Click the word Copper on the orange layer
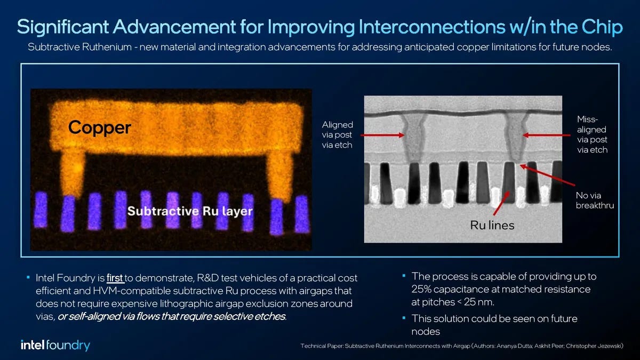[99, 127]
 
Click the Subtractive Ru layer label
[189, 211]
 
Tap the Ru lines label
[492, 225]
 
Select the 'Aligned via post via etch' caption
[337, 134]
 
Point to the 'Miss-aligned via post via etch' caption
[592, 134]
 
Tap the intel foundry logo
[55, 345]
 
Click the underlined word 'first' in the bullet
[115, 278]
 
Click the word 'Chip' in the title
[599, 27]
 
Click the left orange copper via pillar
[74, 171]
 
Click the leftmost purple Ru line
[41, 211]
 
